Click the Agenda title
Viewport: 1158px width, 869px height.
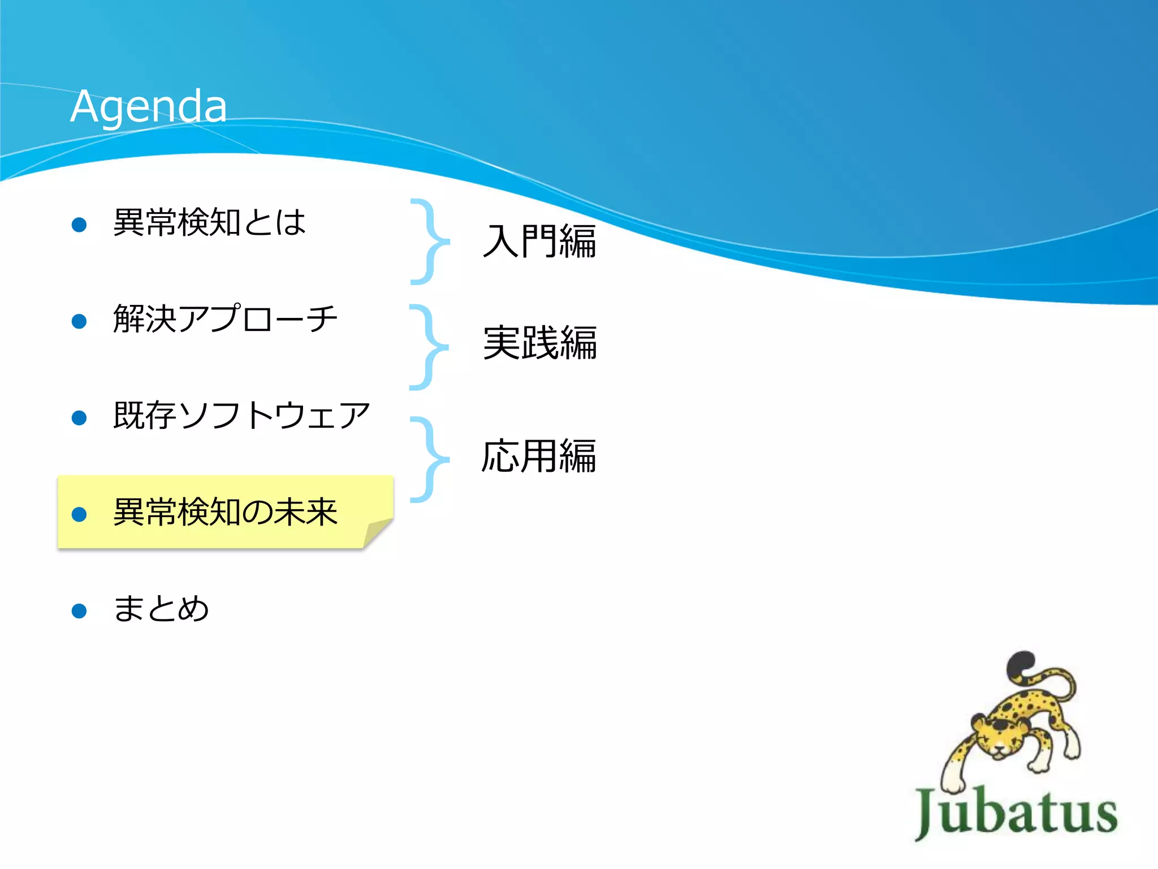(x=149, y=106)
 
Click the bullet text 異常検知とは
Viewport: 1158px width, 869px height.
(x=209, y=222)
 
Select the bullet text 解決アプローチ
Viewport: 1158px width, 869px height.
(x=225, y=319)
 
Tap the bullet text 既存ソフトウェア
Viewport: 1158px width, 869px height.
(x=241, y=415)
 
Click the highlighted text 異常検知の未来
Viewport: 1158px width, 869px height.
(x=225, y=512)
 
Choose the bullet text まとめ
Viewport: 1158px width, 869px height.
(x=161, y=609)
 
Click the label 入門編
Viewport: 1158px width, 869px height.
(x=539, y=242)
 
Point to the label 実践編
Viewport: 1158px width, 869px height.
(x=539, y=343)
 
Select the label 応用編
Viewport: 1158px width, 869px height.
(x=538, y=456)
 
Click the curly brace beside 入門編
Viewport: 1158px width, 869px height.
(x=431, y=242)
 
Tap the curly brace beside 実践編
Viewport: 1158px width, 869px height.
(x=430, y=347)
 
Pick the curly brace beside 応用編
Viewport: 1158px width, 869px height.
(x=431, y=459)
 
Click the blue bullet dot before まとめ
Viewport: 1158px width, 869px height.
(x=79, y=611)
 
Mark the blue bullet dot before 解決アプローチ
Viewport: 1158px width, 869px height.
(x=79, y=321)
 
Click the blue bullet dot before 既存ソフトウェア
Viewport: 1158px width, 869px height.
(x=79, y=418)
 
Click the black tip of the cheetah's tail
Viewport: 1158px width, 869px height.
(x=1021, y=661)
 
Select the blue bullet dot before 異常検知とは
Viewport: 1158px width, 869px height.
(x=79, y=225)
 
